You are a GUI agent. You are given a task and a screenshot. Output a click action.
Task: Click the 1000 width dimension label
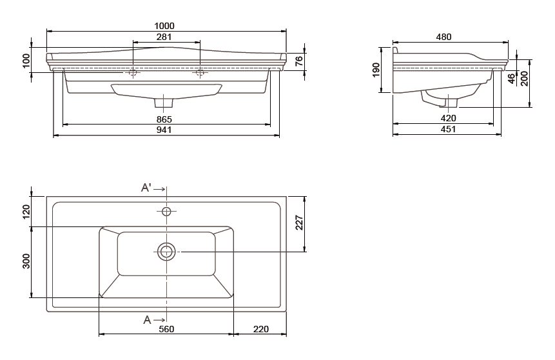click(x=164, y=26)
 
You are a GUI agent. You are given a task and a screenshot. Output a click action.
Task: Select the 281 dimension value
click(x=164, y=37)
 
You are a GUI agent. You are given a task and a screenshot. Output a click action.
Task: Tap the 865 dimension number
click(x=164, y=119)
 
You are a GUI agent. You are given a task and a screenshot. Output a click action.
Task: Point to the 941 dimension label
click(x=164, y=130)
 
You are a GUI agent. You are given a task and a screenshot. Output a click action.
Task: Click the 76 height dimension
click(x=299, y=61)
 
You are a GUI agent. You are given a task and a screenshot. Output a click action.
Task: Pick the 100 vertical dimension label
click(x=26, y=61)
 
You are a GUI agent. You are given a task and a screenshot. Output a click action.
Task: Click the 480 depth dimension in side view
click(x=443, y=37)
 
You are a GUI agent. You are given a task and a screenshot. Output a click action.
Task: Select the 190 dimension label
click(x=376, y=70)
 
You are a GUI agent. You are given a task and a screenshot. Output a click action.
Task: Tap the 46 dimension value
click(x=511, y=79)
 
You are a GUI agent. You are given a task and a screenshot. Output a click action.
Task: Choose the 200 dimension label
click(x=524, y=79)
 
